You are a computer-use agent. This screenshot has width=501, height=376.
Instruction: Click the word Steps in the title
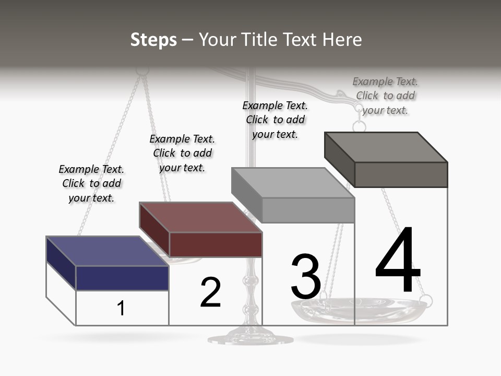click(x=153, y=40)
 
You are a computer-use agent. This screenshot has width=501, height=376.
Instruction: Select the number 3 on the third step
click(x=306, y=277)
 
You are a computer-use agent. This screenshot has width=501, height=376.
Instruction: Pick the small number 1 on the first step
click(x=121, y=308)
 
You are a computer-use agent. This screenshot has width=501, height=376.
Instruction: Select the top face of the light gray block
click(x=293, y=183)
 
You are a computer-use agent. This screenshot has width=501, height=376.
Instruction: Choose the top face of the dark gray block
click(x=386, y=147)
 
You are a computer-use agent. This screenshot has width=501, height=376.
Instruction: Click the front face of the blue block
click(x=122, y=278)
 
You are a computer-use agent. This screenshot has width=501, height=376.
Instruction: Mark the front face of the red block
click(x=216, y=244)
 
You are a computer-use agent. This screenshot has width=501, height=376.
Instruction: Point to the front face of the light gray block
click(x=308, y=210)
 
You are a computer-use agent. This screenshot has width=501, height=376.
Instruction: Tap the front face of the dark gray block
click(x=401, y=174)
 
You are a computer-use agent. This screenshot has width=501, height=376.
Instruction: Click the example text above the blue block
click(x=91, y=183)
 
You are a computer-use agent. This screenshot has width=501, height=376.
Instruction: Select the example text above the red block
click(x=182, y=153)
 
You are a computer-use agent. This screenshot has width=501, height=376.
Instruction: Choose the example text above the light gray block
click(x=275, y=120)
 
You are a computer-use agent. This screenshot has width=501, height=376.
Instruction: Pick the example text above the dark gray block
click(x=385, y=96)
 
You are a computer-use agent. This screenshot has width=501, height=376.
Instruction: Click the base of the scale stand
click(x=246, y=338)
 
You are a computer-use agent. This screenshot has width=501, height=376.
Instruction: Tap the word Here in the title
click(x=342, y=40)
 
